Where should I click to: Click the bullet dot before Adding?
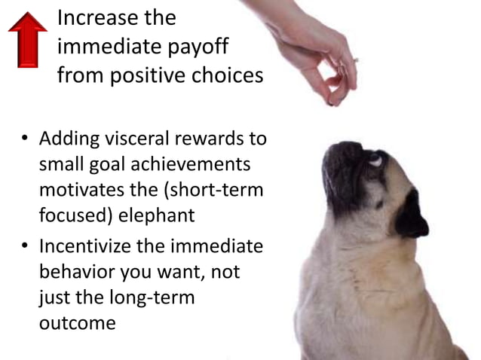(25, 140)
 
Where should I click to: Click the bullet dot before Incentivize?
(25, 247)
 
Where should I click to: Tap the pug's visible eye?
(375, 160)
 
